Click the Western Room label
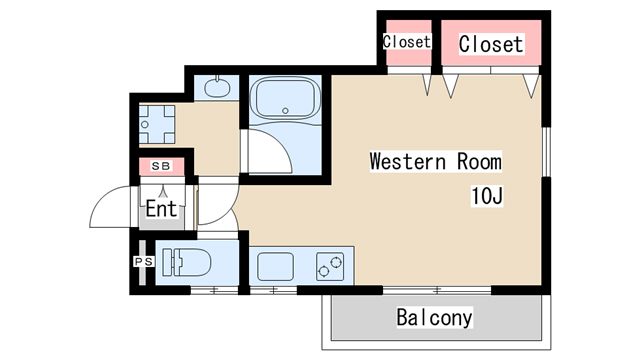(436, 161)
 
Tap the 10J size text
(487, 196)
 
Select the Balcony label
(434, 317)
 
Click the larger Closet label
(491, 44)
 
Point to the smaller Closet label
(407, 41)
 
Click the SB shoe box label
(161, 166)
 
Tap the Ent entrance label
(161, 209)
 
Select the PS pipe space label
(144, 261)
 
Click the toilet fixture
(187, 262)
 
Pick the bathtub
(285, 99)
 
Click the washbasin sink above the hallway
(217, 87)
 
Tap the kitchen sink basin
(276, 267)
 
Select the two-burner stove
(330, 267)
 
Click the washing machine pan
(157, 124)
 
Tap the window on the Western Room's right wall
(546, 152)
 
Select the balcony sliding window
(437, 290)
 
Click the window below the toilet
(214, 290)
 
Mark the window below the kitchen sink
(273, 290)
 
